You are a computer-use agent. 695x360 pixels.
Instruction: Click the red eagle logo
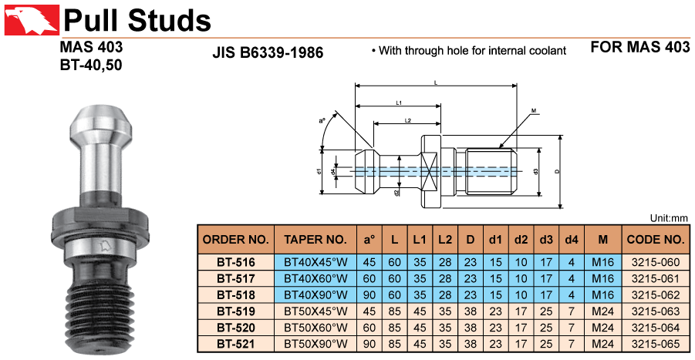[29, 19]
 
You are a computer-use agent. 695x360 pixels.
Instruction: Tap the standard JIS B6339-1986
[267, 53]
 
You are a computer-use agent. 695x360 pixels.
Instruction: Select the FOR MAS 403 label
[639, 47]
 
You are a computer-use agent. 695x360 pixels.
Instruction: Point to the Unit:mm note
[669, 218]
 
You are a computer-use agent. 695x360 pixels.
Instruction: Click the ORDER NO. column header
[236, 239]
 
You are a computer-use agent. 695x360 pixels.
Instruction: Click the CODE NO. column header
[656, 239]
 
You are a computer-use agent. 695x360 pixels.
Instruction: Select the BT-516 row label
[236, 263]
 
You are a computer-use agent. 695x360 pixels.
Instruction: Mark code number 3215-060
[656, 263]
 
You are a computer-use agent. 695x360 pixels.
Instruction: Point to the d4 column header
[571, 239]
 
